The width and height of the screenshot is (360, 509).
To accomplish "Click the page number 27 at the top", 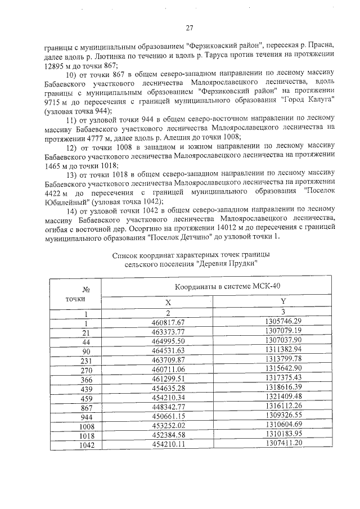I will [x=190, y=28].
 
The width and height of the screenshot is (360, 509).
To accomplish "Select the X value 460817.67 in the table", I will [x=168, y=322].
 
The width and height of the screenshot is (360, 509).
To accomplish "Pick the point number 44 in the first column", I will [x=86, y=341].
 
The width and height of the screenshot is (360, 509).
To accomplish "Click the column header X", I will [x=168, y=302].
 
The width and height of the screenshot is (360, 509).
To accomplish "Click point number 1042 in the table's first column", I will [x=85, y=445].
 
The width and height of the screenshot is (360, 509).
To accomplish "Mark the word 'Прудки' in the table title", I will [x=244, y=263].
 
